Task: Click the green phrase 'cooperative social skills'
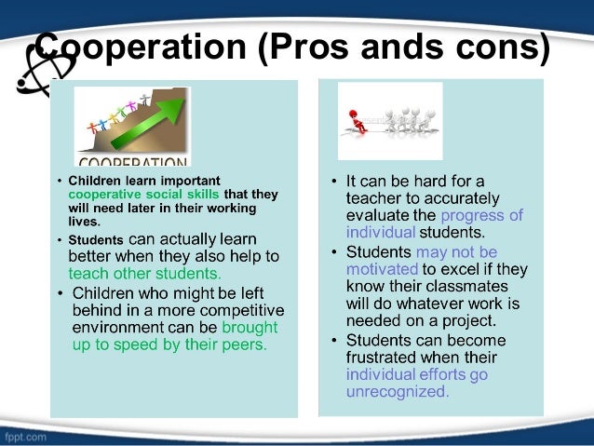pyautogui.click(x=144, y=195)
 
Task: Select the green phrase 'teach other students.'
pyautogui.click(x=144, y=274)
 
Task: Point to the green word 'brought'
pyautogui.click(x=249, y=328)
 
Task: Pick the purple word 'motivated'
pyautogui.click(x=383, y=269)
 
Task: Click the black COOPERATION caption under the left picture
pyautogui.click(x=131, y=159)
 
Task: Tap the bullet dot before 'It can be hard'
pyautogui.click(x=332, y=180)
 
